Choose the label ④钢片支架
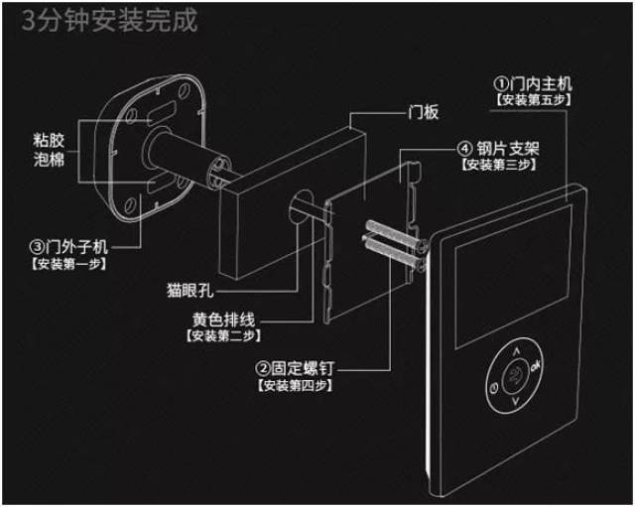pyautogui.click(x=501, y=147)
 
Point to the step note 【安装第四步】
pyautogui.click(x=293, y=385)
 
